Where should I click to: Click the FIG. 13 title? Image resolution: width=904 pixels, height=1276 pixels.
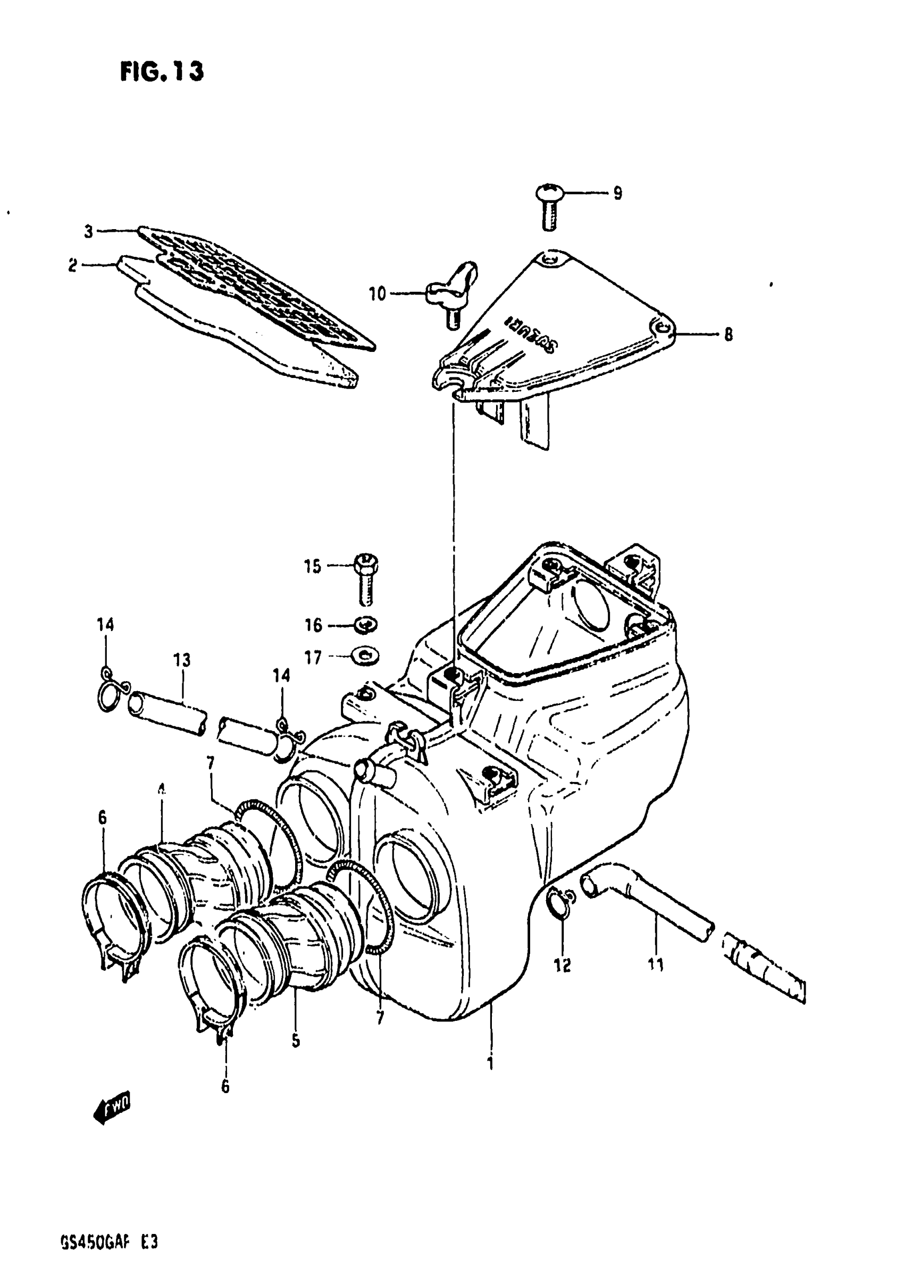[162, 72]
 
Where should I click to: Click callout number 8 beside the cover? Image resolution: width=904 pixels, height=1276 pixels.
[728, 334]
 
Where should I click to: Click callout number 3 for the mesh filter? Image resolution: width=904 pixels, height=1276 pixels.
[88, 231]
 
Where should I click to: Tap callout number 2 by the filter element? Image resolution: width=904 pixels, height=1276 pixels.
[73, 266]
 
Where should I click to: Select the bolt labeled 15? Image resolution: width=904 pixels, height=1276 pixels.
[365, 579]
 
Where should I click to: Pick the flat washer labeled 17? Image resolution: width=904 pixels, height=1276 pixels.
[365, 656]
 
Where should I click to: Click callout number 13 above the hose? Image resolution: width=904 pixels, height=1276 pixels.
[182, 660]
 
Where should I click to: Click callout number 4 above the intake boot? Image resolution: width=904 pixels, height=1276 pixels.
[162, 788]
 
